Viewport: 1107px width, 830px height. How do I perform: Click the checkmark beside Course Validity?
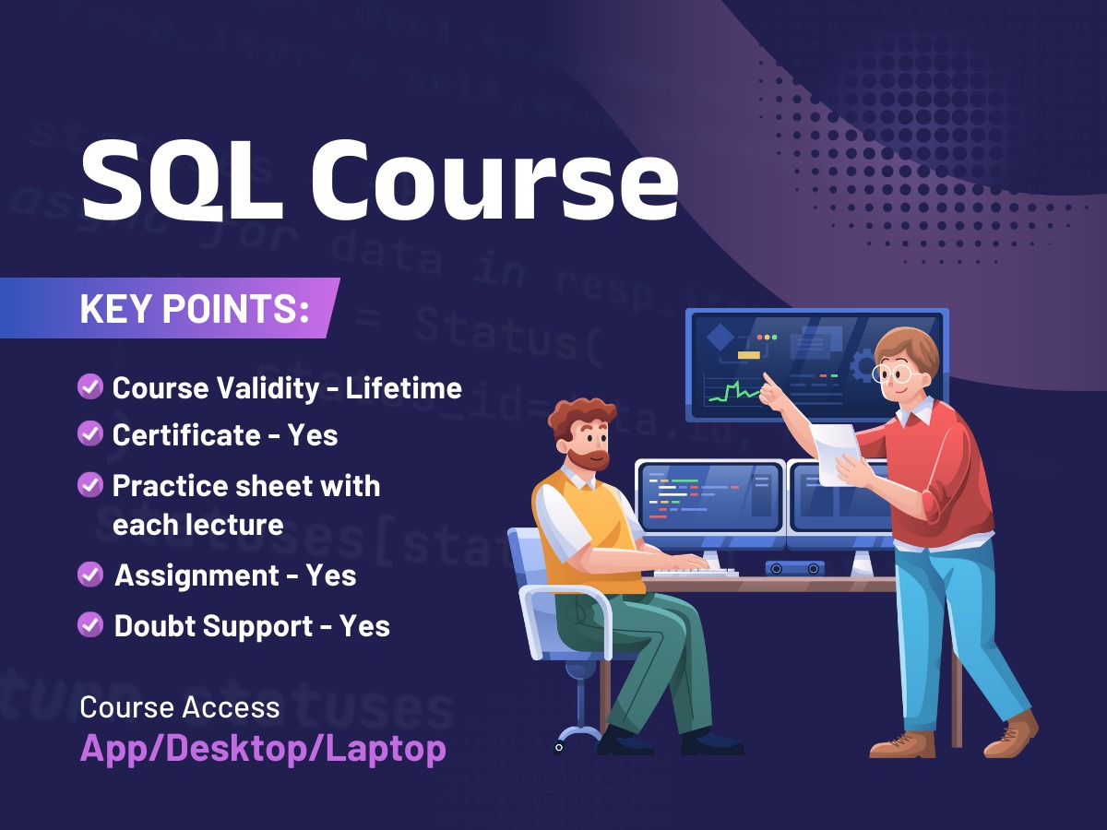89,387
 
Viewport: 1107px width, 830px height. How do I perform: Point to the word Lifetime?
403,387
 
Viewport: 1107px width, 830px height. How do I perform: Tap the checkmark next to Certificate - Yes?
89,434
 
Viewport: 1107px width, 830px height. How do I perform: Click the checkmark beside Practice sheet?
89,485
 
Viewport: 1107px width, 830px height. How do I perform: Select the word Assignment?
196,575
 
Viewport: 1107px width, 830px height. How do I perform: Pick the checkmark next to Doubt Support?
89,625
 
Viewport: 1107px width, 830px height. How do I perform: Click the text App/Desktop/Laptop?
263,747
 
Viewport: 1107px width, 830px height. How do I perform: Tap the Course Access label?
180,707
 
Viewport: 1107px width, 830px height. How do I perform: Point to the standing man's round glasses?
892,373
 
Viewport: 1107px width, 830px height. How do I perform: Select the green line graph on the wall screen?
733,392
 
